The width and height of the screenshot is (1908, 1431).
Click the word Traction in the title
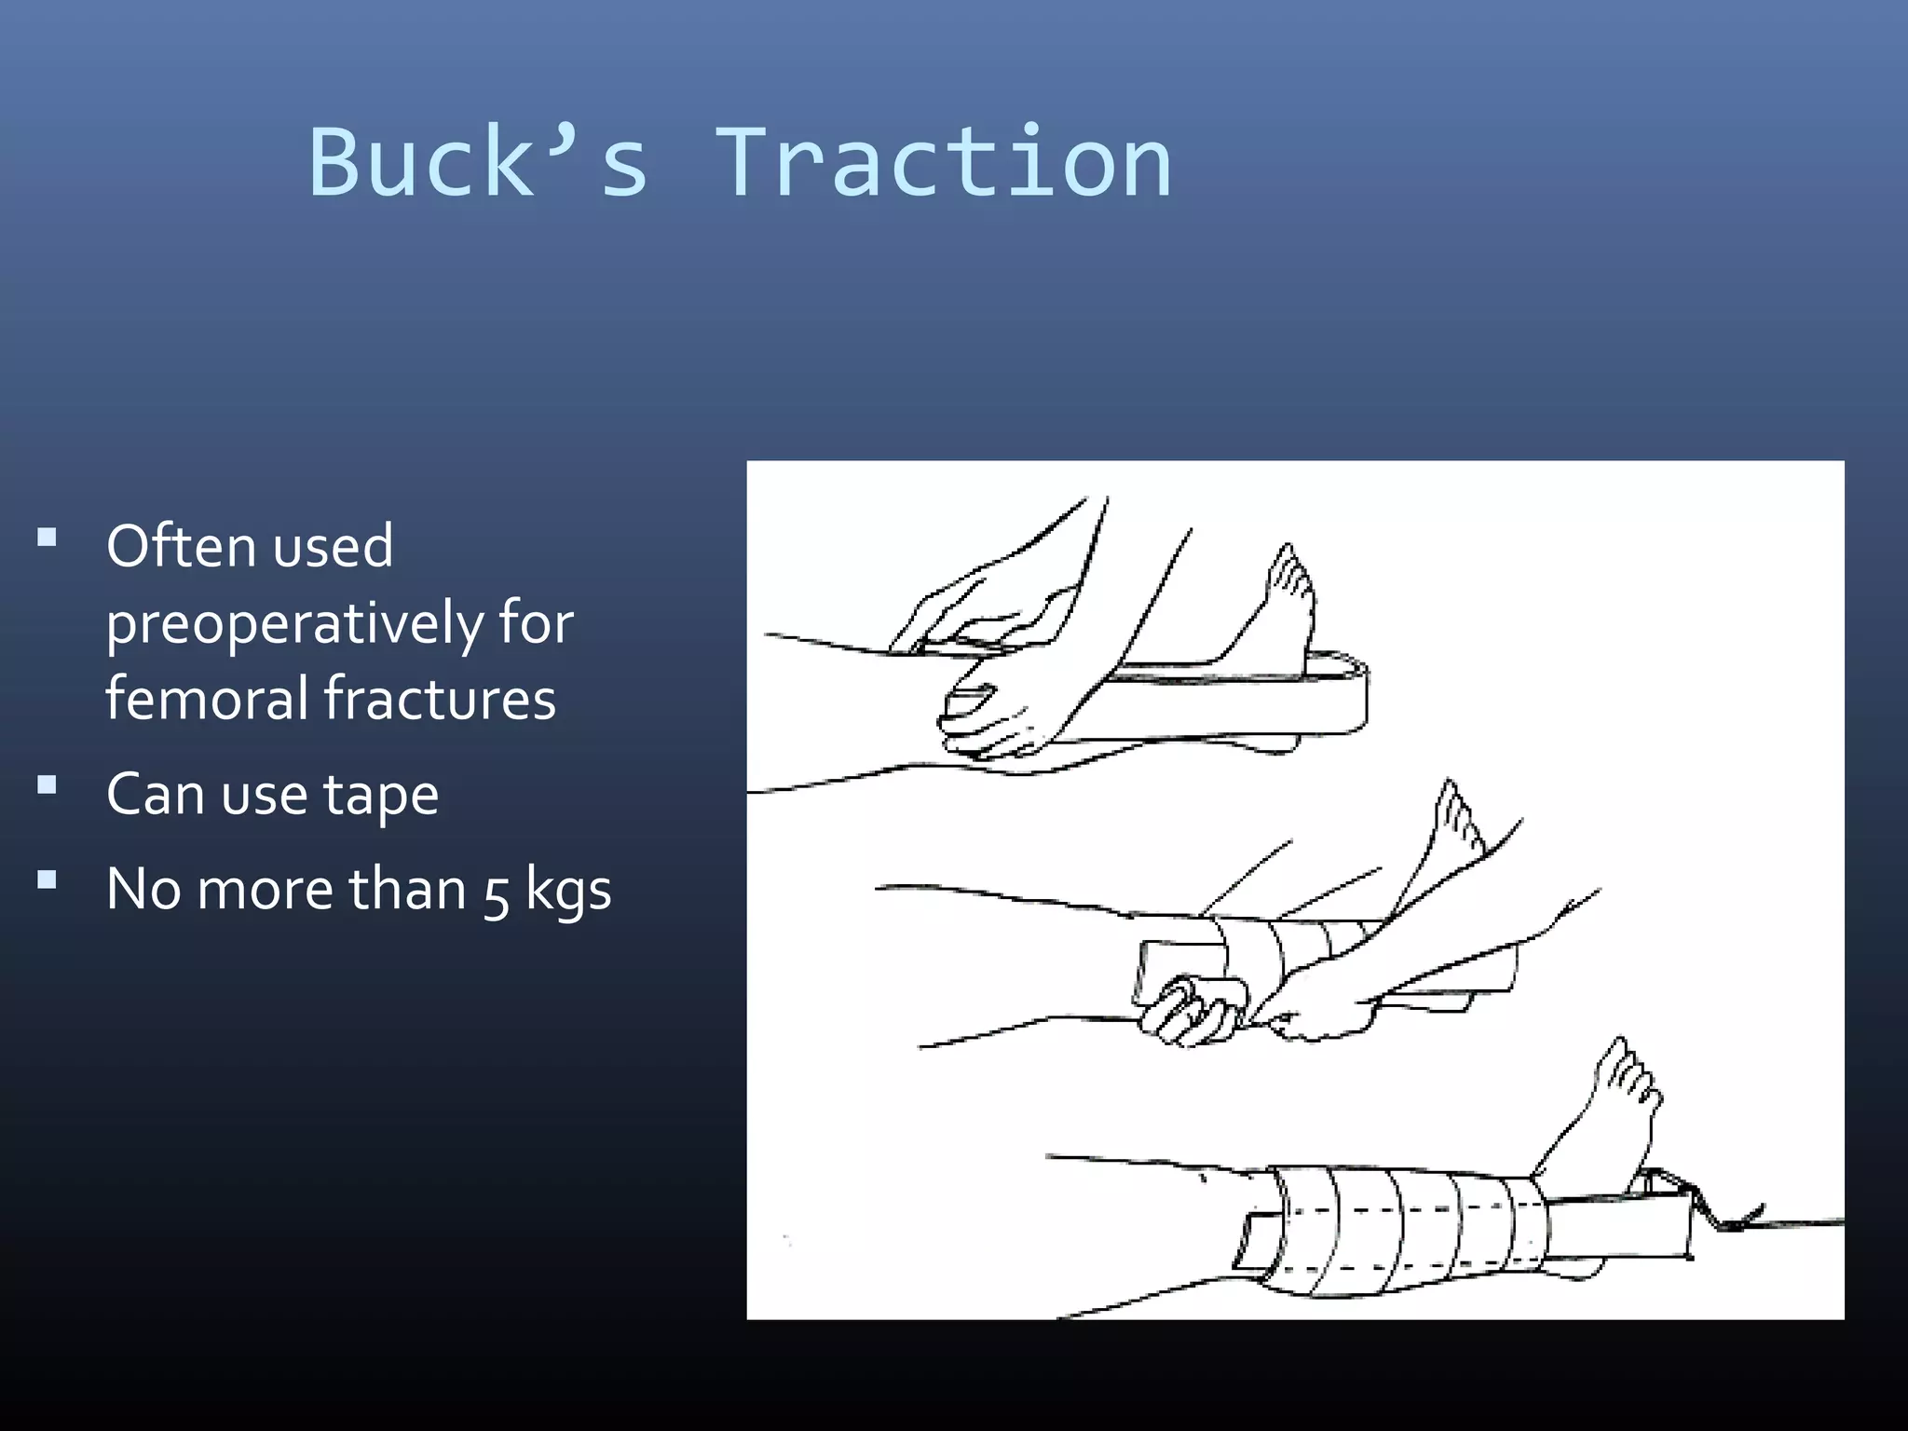point(943,163)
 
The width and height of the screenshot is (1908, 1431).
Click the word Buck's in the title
point(478,163)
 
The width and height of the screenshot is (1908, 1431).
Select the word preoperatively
point(294,624)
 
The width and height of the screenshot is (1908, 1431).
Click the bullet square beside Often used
point(48,538)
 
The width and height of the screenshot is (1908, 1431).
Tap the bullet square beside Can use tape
point(48,785)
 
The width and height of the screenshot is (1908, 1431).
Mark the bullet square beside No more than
point(48,879)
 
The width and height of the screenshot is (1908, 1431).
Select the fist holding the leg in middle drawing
point(1188,1011)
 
